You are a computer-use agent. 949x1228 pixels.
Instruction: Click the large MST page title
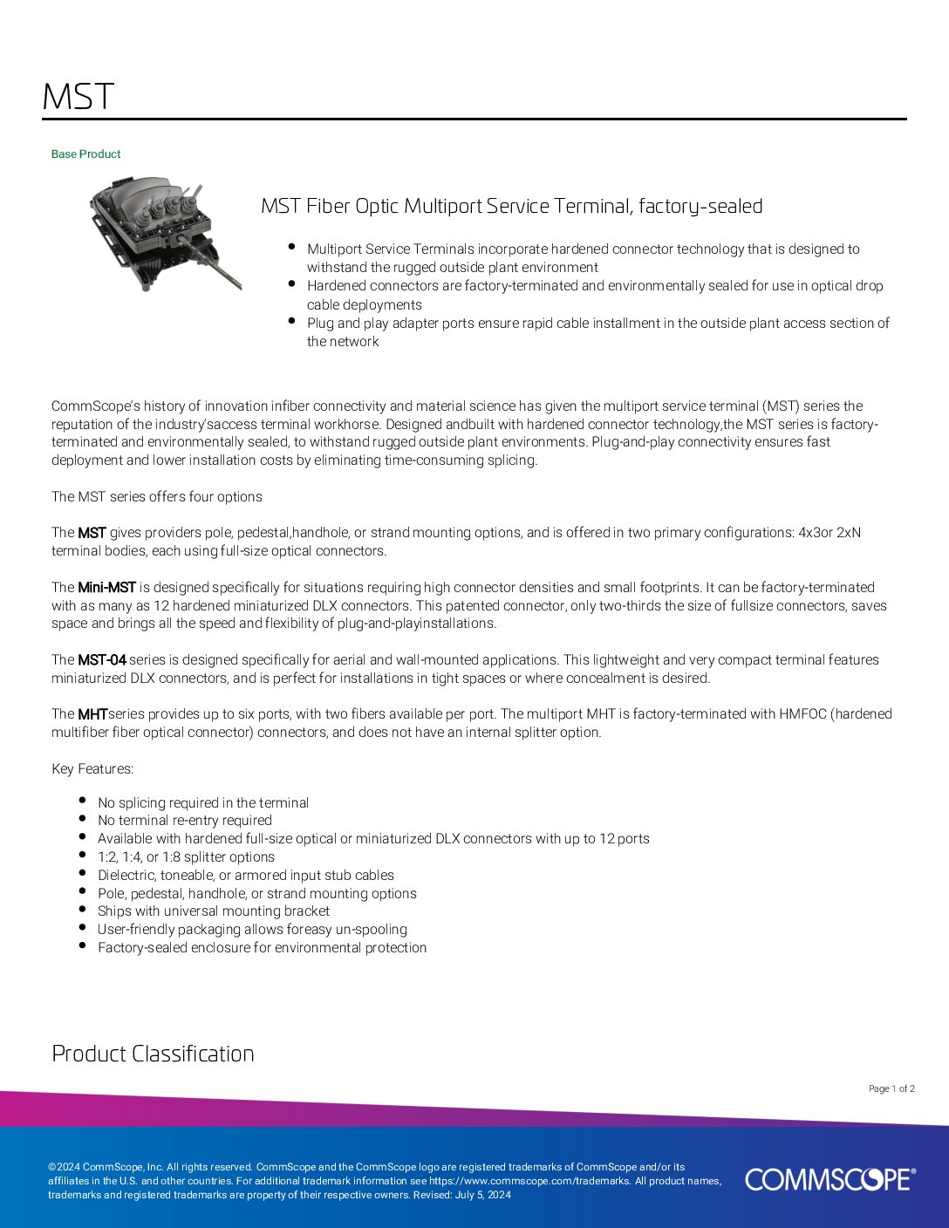[79, 97]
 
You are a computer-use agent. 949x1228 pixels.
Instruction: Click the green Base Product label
[85, 154]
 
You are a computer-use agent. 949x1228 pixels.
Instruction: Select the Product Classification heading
[153, 1054]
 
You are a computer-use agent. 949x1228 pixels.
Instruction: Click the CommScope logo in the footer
[830, 1179]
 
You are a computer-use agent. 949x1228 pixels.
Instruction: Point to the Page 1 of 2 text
[891, 1088]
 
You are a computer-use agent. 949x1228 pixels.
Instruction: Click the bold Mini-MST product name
[106, 588]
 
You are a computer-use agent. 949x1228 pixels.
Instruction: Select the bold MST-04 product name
[102, 660]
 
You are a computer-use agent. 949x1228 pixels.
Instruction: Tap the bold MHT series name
[92, 714]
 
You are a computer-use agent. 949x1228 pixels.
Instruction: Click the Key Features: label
[92, 769]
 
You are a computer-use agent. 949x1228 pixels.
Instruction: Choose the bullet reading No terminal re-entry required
[185, 821]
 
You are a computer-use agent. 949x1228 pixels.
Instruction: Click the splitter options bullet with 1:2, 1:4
[186, 857]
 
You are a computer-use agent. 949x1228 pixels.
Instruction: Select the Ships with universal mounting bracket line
[214, 911]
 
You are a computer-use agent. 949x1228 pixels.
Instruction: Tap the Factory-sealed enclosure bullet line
[262, 948]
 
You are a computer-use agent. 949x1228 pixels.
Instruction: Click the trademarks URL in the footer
[529, 1181]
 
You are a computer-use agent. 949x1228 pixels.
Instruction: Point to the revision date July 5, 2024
[483, 1195]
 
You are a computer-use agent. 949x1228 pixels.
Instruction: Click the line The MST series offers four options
[157, 497]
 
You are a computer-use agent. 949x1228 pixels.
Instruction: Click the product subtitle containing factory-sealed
[512, 207]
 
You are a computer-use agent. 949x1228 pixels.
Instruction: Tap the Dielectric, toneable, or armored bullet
[245, 876]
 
